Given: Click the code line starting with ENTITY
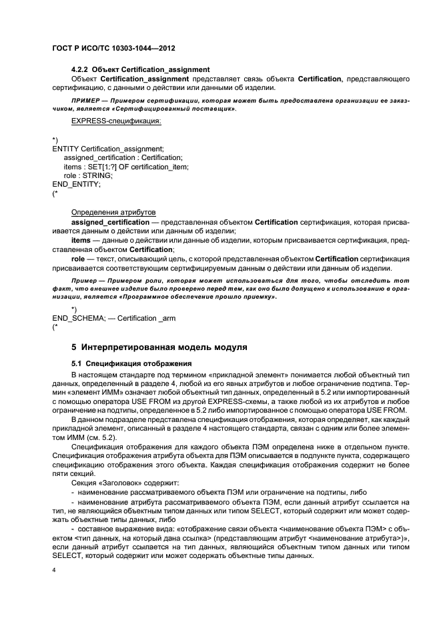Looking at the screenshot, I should point(107,148).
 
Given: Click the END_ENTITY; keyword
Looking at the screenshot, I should point(76,184).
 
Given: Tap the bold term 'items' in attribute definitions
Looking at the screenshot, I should point(81,238).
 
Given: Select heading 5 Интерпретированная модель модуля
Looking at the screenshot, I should point(159,347).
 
